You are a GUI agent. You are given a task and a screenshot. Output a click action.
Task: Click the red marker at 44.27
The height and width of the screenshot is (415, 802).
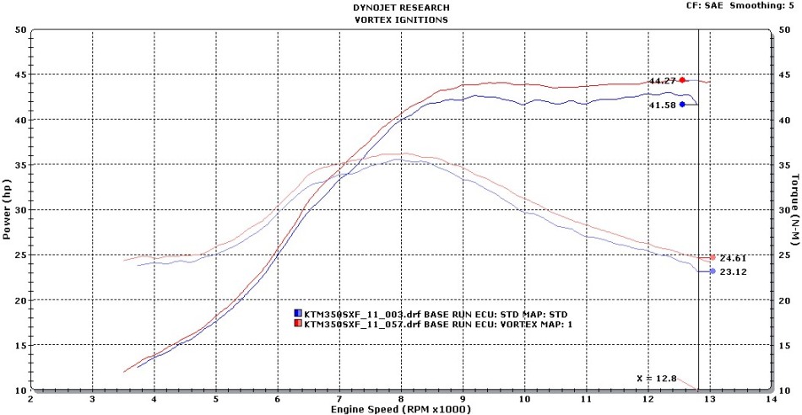click(682, 80)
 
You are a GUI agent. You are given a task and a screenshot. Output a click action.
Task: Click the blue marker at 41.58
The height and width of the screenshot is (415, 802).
click(682, 105)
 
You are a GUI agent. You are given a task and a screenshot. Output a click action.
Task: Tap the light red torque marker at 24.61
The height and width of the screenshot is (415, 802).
click(713, 258)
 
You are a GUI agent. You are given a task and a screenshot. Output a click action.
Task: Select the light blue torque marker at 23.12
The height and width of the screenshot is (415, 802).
click(713, 272)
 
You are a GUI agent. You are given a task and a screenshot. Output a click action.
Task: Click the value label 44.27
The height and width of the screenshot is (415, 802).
click(663, 81)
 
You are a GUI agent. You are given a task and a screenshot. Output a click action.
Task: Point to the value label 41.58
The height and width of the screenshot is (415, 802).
click(663, 105)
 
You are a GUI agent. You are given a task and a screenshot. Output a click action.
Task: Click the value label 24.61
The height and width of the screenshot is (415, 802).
click(732, 258)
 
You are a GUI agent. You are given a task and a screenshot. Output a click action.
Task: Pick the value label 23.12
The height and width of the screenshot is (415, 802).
click(732, 272)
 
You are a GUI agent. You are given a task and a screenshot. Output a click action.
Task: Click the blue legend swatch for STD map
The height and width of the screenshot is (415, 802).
click(298, 314)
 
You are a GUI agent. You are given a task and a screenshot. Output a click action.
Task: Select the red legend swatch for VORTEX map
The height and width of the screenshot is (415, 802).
click(298, 323)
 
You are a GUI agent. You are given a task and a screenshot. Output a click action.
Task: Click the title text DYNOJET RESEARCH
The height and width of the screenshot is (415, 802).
click(400, 7)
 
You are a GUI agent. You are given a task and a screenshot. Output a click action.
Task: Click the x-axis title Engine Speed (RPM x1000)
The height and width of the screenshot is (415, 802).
click(400, 409)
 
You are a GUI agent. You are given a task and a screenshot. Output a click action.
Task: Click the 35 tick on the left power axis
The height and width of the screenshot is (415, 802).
click(19, 164)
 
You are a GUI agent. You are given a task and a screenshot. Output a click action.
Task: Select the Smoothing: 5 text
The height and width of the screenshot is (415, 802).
click(768, 5)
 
